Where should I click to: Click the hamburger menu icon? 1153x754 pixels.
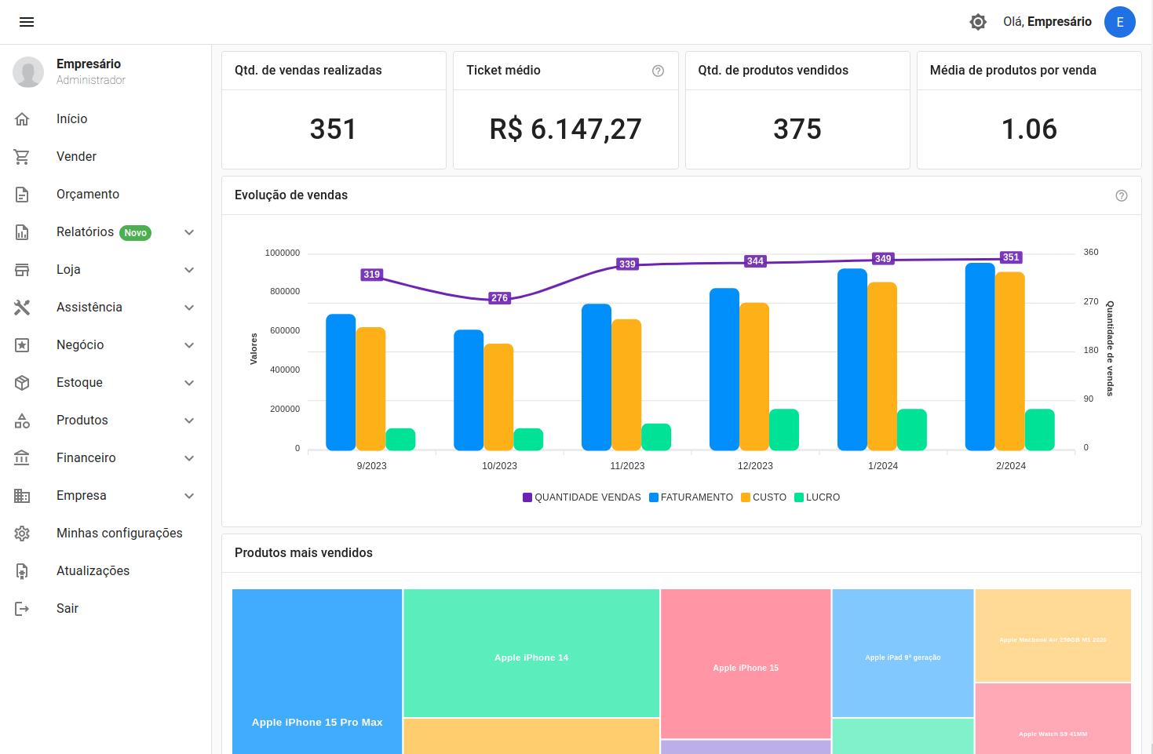point(27,22)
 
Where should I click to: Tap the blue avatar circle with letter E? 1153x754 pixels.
point(1119,22)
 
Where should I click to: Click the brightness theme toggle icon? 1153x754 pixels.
point(977,22)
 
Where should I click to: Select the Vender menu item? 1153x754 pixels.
point(76,157)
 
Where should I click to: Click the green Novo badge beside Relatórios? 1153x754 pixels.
point(135,233)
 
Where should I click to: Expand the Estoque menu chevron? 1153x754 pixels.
point(189,383)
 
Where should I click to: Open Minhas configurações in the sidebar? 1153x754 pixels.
point(119,534)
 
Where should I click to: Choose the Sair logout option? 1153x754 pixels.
point(68,609)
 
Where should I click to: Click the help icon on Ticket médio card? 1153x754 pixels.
point(658,71)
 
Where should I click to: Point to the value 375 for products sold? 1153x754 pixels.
point(797,129)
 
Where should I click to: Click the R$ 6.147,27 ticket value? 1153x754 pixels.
point(565,129)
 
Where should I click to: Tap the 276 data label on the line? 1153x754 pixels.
point(499,298)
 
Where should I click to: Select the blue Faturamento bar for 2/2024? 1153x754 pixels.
point(980,357)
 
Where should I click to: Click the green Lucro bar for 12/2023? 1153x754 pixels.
point(783,430)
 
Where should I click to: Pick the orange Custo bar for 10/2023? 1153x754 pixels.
point(498,397)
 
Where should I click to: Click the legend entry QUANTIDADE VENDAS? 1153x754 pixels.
point(582,497)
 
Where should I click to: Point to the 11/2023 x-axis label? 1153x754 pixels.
point(627,466)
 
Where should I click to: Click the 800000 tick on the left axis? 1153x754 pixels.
point(285,292)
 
